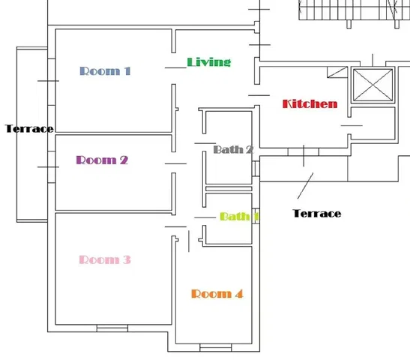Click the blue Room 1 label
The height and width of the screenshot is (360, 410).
pos(105,71)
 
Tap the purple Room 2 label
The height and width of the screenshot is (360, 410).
pos(102,160)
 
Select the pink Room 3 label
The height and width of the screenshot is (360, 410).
pos(105,259)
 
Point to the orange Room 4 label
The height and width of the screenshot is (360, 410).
pos(217,294)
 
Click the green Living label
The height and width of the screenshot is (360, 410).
pos(209,62)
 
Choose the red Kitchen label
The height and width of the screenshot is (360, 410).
pos(310,103)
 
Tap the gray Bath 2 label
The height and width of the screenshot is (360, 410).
pos(233,149)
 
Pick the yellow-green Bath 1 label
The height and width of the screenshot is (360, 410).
pos(239,216)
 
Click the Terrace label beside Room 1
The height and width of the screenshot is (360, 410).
pos(29,128)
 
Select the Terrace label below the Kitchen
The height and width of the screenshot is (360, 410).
pos(317,214)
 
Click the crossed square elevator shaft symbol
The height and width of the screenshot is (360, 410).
pos(373,85)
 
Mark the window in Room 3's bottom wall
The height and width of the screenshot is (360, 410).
pos(112,328)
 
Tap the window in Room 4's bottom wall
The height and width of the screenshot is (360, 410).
pos(215,348)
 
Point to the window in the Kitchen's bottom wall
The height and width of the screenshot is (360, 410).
pos(304,151)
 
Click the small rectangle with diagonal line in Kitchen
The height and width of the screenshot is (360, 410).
pos(337,72)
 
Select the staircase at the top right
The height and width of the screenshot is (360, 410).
pos(355,10)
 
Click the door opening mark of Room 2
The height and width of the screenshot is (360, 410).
pos(175,163)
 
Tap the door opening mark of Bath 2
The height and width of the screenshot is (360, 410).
pos(205,143)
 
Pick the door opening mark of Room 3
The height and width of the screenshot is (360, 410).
pos(175,226)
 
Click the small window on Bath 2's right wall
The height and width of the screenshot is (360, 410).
pos(256,169)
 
